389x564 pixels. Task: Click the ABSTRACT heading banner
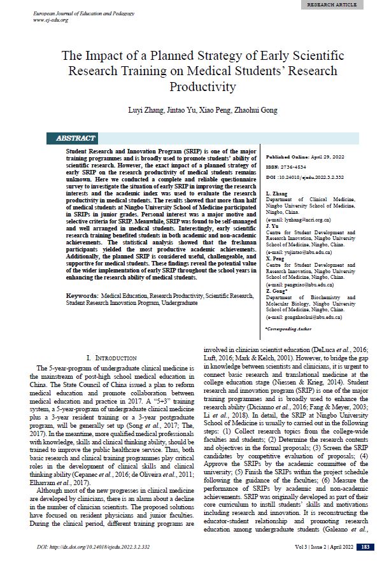pos(76,138)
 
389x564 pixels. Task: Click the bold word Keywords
pos(81,296)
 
